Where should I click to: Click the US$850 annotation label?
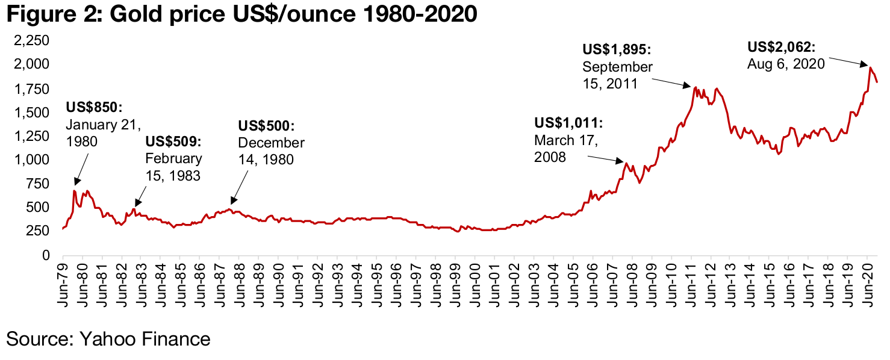click(x=93, y=108)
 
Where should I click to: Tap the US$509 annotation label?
click(x=173, y=142)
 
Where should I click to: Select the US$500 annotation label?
click(x=266, y=126)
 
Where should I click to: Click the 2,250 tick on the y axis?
click(x=37, y=41)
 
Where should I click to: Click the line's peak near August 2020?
click(x=870, y=67)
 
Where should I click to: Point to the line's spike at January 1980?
click(x=74, y=191)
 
